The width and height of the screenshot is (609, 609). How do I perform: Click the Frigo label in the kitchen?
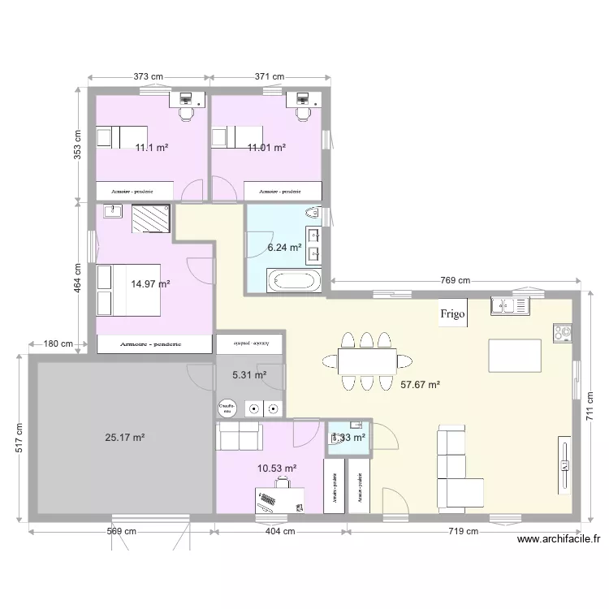(x=454, y=315)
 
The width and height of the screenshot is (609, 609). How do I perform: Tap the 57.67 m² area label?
(x=421, y=387)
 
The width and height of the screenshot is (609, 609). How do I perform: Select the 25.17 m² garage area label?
(x=124, y=438)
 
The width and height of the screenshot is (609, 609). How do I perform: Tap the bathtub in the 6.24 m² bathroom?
(x=296, y=282)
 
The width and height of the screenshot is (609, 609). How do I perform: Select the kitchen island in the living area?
(x=515, y=354)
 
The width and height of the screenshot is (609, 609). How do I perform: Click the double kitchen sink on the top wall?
(x=510, y=306)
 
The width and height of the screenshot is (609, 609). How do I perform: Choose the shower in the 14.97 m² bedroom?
(x=149, y=218)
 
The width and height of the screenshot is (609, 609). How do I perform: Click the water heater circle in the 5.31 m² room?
(x=225, y=408)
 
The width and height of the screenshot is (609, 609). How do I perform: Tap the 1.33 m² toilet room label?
(x=348, y=438)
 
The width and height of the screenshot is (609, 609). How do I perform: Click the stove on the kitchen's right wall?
(x=562, y=332)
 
